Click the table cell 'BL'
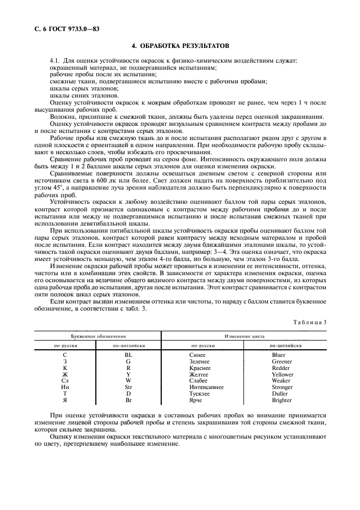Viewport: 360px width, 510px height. tap(129, 355)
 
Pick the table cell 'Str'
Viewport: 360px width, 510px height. tap(129, 387)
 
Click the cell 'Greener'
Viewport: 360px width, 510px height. tap(282, 361)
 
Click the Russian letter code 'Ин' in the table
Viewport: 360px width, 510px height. tap(65, 387)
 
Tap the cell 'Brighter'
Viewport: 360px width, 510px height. tap(282, 400)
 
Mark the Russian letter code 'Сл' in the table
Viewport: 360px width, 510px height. tap(65, 381)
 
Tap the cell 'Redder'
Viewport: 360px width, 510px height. tap(282, 368)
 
